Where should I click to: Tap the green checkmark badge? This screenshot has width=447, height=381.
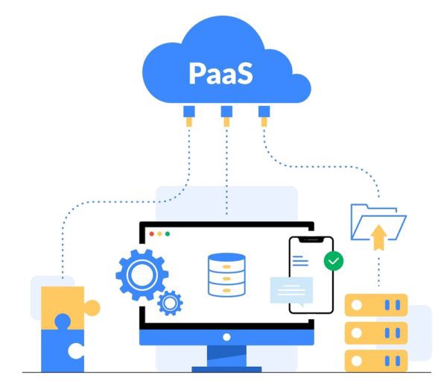334,261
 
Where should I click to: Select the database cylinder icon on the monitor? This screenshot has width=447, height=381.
226,275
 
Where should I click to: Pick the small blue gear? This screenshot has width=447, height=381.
170,302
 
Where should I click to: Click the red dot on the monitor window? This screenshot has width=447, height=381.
152,234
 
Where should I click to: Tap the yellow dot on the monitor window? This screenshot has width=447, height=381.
159,234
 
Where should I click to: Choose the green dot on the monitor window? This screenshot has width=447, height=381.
167,234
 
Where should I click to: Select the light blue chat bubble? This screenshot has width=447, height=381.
291,289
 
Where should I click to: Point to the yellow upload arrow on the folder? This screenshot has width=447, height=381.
378,238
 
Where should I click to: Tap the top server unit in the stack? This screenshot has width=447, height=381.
376,305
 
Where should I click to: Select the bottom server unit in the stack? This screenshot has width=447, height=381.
376,359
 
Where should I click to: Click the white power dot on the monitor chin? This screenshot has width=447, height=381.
226,337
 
